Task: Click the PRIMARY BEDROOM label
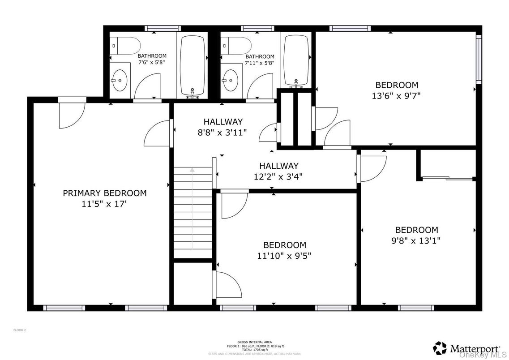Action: [x=104, y=193]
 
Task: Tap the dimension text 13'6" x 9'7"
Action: [x=396, y=95]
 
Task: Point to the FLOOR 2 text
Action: [x=20, y=330]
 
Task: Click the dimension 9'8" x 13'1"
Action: [x=416, y=240]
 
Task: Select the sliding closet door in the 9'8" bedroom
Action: [x=448, y=179]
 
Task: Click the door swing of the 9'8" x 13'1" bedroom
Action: [x=373, y=167]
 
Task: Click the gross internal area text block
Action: [x=254, y=347]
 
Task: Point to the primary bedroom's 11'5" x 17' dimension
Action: [x=104, y=204]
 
